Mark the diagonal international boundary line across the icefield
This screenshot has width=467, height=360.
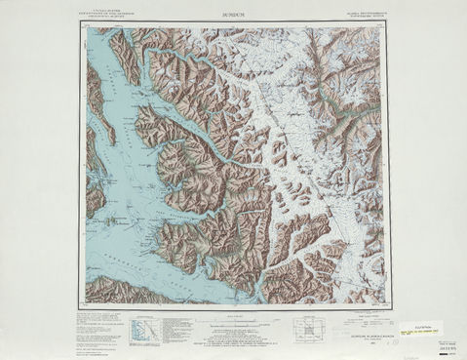click(x=292, y=146)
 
